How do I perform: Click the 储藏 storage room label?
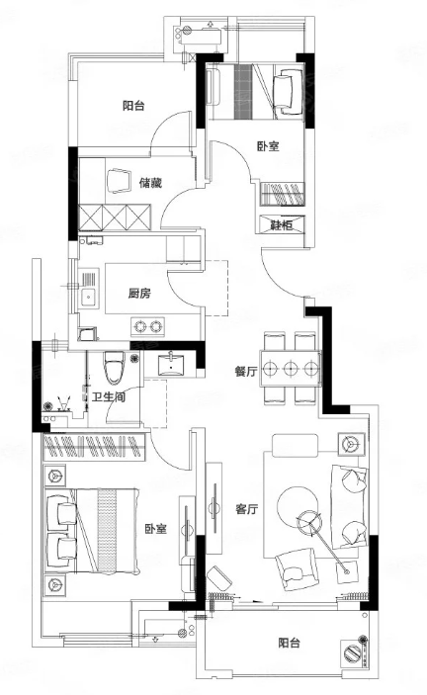pos(150,183)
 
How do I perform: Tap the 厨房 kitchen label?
pos(139,294)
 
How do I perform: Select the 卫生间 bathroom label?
pos(109,396)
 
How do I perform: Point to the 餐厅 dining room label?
pos(246,372)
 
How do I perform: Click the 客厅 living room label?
pos(247,509)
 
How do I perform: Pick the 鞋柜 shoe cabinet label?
pos(282,224)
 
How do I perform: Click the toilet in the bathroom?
pos(115,368)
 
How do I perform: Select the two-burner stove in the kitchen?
pos(147,326)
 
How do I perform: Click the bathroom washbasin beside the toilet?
pos(171,364)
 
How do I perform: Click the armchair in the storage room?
pos(119,180)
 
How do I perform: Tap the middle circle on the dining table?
pos(291,368)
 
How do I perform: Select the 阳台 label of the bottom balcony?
pos(290,643)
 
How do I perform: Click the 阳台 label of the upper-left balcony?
pos(133,106)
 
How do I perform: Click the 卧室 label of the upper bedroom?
pos(268,146)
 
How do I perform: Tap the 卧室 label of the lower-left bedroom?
pos(155,529)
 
